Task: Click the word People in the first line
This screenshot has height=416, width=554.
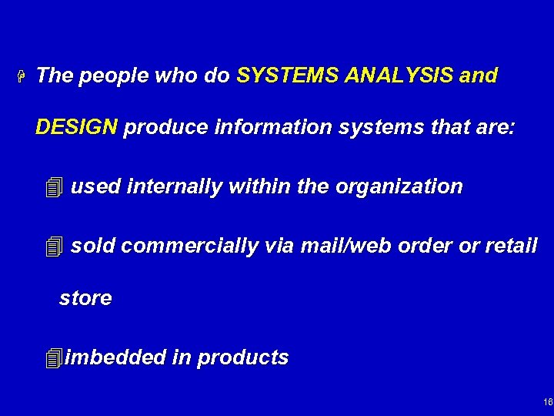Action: click(x=108, y=76)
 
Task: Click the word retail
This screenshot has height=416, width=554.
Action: click(x=510, y=246)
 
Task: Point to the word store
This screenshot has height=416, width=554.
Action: click(x=85, y=298)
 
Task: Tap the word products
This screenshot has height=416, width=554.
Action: click(x=242, y=358)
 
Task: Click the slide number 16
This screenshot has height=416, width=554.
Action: click(x=546, y=402)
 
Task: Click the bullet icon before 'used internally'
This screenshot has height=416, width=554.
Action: click(x=52, y=187)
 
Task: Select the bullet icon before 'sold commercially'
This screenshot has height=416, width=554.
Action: click(x=52, y=247)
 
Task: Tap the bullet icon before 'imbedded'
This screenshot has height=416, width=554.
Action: click(x=52, y=358)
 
